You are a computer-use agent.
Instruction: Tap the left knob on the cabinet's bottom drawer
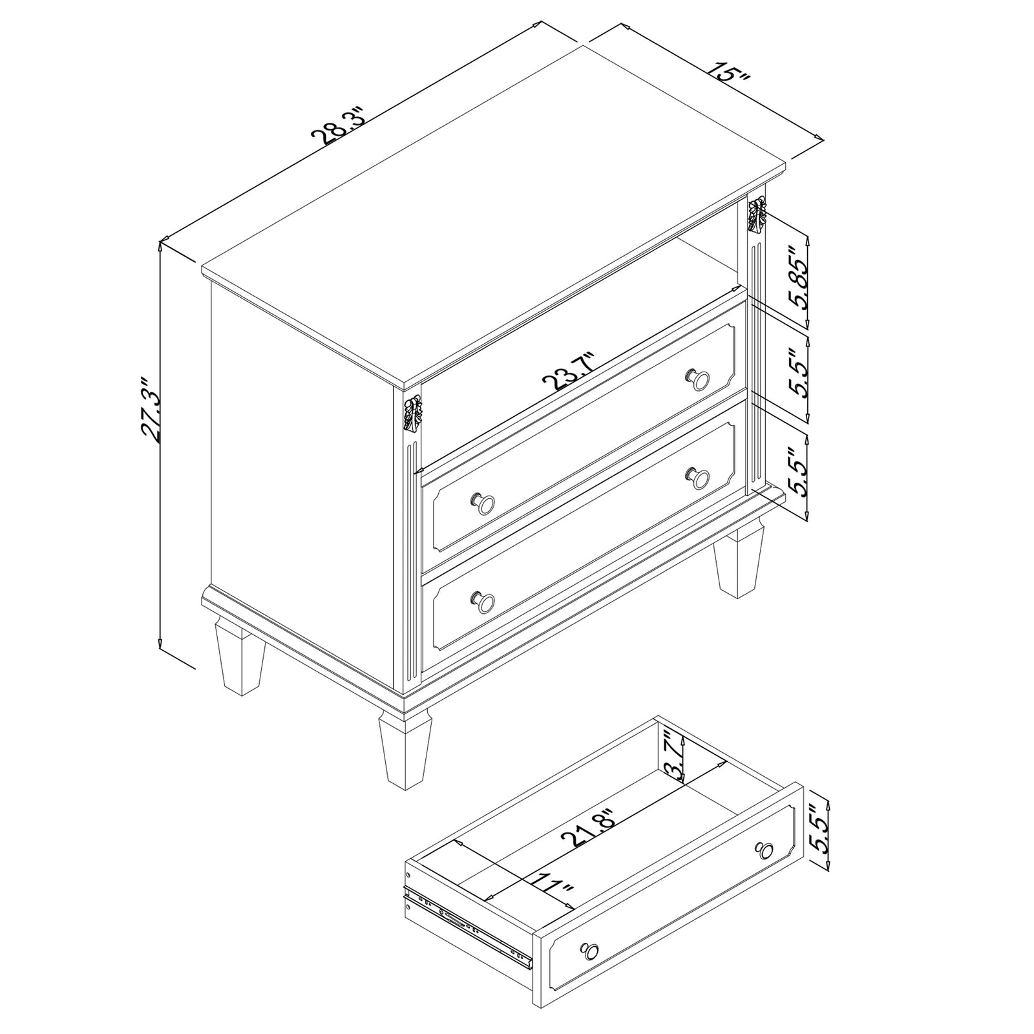coord(483,602)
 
